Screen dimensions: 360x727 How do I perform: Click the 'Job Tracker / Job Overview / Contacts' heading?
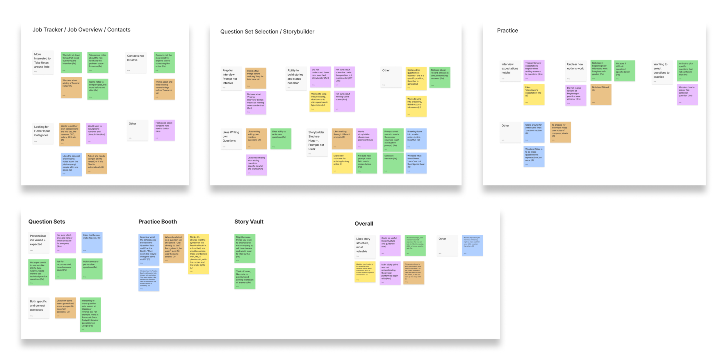tap(81, 30)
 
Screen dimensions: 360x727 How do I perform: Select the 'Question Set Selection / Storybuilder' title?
tap(267, 32)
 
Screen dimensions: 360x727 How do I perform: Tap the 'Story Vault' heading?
tap(249, 222)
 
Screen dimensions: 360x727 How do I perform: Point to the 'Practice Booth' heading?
tap(157, 222)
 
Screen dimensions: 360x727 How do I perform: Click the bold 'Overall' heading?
tap(363, 224)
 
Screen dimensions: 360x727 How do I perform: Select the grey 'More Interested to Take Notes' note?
tap(42, 62)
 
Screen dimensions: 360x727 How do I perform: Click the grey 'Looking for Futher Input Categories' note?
tap(43, 133)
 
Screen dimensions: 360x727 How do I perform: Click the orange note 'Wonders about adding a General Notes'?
tap(71, 88)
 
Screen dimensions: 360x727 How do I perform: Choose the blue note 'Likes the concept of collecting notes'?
tap(71, 164)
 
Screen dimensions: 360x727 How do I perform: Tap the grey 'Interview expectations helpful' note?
tap(510, 71)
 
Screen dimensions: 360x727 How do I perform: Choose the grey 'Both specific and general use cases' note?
tap(39, 308)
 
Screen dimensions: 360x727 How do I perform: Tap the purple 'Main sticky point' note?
tap(390, 273)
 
